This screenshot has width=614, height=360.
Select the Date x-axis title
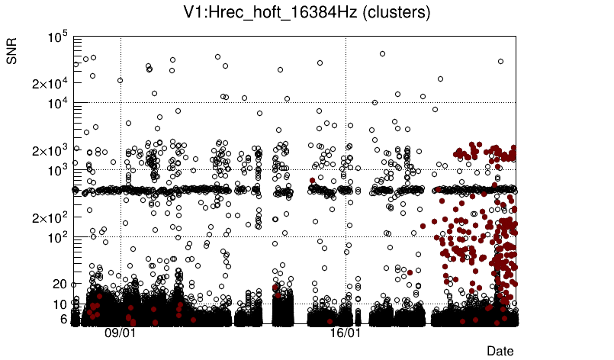[500, 351]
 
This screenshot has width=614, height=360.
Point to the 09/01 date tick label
[120, 333]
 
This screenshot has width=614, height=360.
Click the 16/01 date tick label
[345, 333]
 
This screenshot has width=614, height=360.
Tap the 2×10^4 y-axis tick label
[50, 83]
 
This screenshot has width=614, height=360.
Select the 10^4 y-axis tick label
[58, 103]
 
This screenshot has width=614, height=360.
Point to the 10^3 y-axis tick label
[58, 170]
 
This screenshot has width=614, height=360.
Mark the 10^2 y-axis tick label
[58, 237]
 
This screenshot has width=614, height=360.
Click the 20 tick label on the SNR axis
[60, 284]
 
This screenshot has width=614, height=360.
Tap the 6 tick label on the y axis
[63, 319]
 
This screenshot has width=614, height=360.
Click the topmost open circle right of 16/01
[382, 54]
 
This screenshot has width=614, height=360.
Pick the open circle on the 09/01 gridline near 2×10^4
[120, 80]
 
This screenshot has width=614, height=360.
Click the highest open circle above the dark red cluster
[500, 62]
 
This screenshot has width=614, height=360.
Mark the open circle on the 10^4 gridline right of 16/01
[375, 102]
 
